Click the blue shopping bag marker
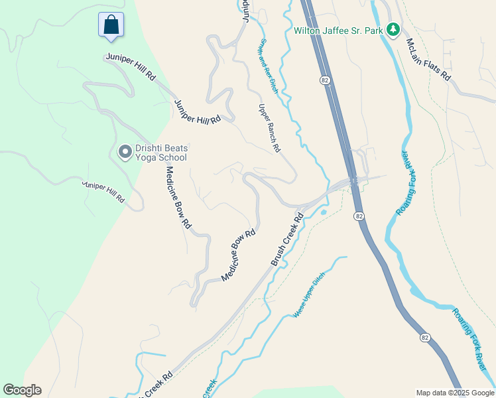[111, 25]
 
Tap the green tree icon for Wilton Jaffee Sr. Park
[393, 29]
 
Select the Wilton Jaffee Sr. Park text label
[338, 30]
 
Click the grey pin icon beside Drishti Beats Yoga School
[124, 152]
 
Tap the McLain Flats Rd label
[428, 60]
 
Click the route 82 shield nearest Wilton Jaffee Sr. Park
[324, 80]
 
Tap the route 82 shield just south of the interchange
[359, 216]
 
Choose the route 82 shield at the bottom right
[425, 338]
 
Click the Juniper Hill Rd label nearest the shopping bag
[130, 67]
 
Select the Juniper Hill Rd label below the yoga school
[103, 190]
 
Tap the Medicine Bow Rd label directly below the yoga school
[178, 197]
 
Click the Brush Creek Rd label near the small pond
[287, 239]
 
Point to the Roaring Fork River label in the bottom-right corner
[470, 339]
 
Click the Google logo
[22, 390]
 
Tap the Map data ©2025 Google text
[454, 393]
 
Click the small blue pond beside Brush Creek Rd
[323, 213]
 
